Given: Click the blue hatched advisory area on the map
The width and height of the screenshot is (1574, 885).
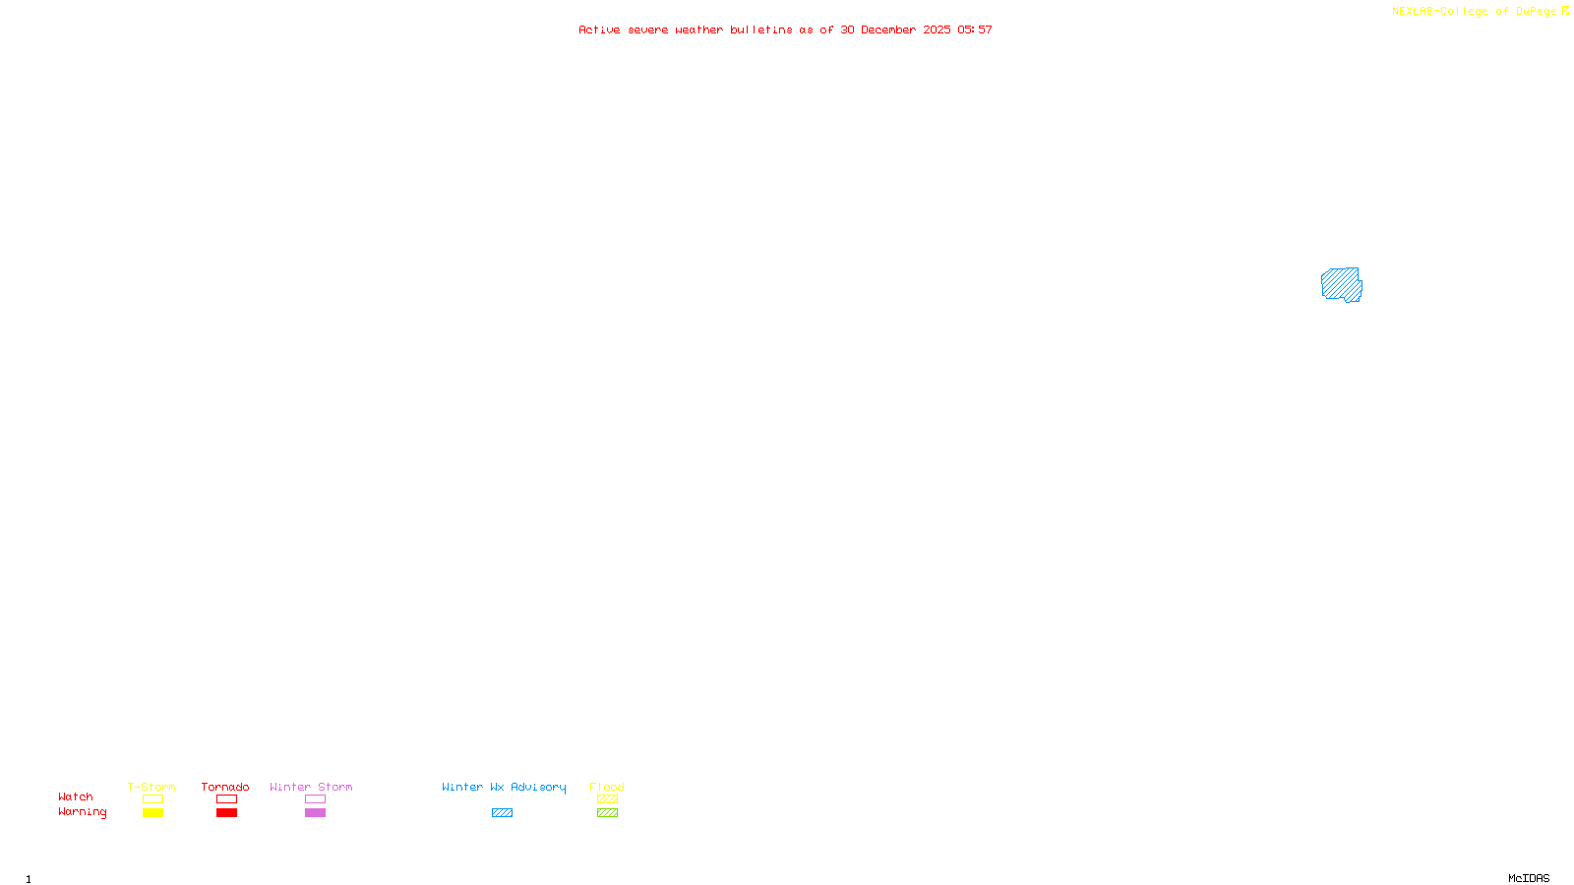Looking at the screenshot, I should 1341,284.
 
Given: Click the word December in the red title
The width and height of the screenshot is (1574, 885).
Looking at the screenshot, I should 888,29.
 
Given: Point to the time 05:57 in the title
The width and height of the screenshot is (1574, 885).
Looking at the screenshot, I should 975,29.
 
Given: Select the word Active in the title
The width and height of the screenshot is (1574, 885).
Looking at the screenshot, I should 599,29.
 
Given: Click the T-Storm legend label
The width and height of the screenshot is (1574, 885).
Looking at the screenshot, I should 151,787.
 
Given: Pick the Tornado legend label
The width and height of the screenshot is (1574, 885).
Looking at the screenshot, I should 225,787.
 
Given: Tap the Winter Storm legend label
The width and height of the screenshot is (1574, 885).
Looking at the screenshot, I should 311,787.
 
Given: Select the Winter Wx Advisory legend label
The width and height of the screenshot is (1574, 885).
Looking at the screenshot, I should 504,787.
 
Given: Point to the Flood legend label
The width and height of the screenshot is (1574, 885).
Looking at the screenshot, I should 607,787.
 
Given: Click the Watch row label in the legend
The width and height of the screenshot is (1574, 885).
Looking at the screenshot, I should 76,796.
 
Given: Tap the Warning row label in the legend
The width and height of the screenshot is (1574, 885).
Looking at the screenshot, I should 83,812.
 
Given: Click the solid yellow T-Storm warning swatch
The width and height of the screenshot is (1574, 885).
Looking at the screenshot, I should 152,813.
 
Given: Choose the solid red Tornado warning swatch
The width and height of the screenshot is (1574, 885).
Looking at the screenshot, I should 226,813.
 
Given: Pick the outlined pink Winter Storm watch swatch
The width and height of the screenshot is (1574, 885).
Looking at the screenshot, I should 315,799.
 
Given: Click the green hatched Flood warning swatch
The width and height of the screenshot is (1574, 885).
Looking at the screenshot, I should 607,813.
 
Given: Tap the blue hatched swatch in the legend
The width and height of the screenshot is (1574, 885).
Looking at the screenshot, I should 502,813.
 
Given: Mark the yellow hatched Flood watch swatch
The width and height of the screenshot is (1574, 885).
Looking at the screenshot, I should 607,799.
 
